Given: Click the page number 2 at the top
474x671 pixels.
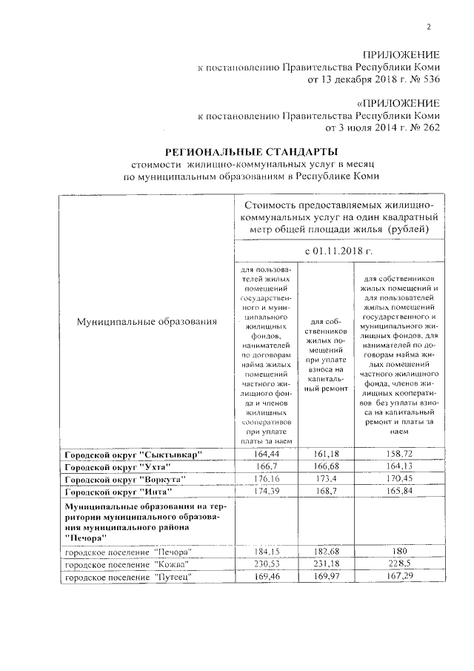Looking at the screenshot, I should pyautogui.click(x=428, y=28).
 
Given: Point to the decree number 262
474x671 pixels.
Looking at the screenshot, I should pyautogui.click(x=429, y=128).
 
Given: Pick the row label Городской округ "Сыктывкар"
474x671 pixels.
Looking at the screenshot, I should pyautogui.click(x=133, y=454).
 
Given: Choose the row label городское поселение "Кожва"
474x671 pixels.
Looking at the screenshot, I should pyautogui.click(x=121, y=564).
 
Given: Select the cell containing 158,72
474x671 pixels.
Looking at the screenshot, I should pyautogui.click(x=398, y=453).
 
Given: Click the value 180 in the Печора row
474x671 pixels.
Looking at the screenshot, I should pyautogui.click(x=398, y=552).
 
